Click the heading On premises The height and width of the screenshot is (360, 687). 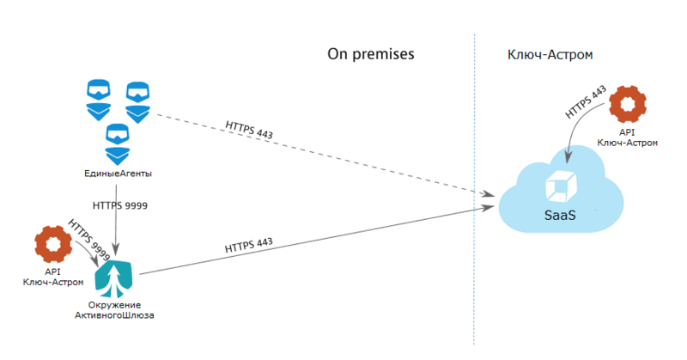coord(371,53)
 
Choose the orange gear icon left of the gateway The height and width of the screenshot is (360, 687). coord(52,244)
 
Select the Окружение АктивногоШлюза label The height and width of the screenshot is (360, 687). coord(115,310)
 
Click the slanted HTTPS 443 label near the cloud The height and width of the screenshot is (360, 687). coord(587,103)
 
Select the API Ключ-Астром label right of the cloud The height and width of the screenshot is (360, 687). coord(627,137)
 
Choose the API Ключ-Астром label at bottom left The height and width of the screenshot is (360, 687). coord(53,277)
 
